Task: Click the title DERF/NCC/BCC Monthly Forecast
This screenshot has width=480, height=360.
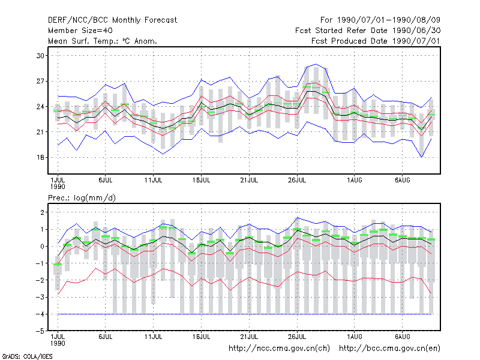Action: [112, 20]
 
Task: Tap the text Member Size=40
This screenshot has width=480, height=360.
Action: [80, 31]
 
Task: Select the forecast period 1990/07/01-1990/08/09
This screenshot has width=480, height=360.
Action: [389, 20]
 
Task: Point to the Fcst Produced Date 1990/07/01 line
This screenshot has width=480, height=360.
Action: [376, 41]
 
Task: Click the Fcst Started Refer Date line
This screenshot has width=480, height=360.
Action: [368, 31]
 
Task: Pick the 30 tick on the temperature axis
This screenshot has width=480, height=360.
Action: [40, 56]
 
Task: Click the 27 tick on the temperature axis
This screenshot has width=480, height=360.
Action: [40, 81]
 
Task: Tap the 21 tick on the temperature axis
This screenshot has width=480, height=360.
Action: [40, 132]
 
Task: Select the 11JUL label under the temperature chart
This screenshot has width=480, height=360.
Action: [153, 180]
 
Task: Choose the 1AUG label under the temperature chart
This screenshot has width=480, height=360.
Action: [355, 180]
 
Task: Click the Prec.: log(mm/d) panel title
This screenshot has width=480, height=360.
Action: [82, 198]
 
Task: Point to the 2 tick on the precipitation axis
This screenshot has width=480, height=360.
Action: [42, 212]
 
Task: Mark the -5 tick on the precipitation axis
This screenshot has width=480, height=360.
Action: [40, 331]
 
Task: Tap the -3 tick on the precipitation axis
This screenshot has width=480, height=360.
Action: [40, 297]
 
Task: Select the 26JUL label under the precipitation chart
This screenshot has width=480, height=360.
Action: [297, 337]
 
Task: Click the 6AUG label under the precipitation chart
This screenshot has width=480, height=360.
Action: [402, 337]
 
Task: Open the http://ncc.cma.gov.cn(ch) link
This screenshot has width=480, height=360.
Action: [279, 349]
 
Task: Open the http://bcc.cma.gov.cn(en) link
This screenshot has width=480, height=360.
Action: [389, 349]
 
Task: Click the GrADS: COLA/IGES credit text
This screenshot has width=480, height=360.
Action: [27, 356]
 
